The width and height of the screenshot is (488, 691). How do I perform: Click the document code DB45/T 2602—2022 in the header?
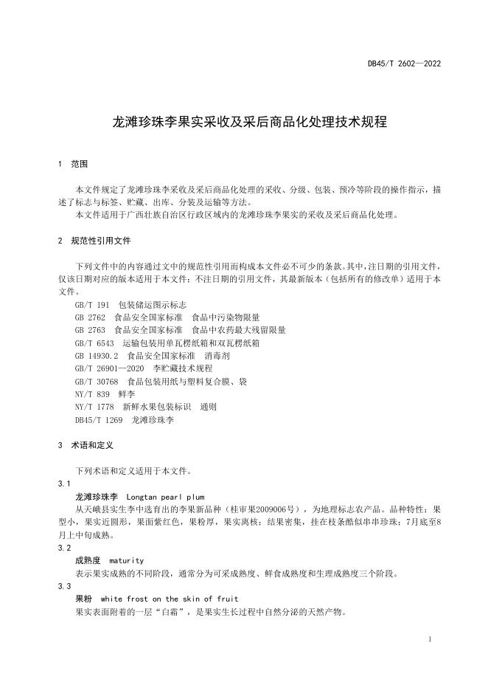tap(404, 64)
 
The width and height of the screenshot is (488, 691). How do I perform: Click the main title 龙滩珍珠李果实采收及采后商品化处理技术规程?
tap(244, 123)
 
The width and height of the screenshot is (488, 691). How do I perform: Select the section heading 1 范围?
tap(73, 164)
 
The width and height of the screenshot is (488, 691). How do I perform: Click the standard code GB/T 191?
tap(91, 305)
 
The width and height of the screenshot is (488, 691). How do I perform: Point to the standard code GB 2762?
tap(90, 317)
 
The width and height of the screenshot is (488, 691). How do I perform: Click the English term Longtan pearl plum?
tap(165, 497)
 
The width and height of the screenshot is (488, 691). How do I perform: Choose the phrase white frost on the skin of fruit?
tap(170, 599)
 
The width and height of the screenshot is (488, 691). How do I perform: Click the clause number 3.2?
tap(64, 548)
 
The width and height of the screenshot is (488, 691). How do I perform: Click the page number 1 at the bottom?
tap(429, 639)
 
